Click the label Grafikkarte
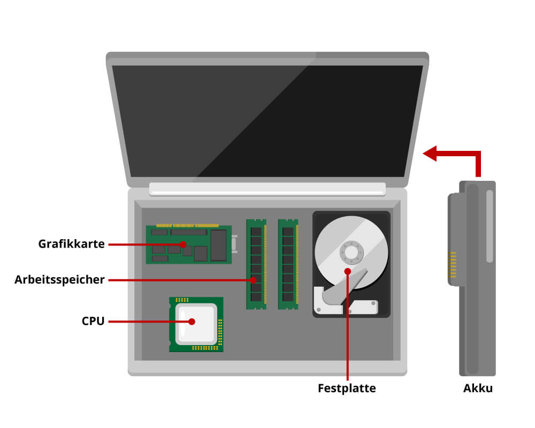coord(71,244)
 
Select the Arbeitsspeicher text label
coord(59,279)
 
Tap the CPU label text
coord(93,322)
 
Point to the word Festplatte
coord(347,388)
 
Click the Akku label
coord(478,388)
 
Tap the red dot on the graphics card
coord(184,244)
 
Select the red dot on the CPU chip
coord(192,322)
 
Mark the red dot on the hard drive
coord(348,271)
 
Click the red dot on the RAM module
coord(254,279)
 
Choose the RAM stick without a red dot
coord(288,264)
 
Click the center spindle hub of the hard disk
coord(351,252)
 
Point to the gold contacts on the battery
coord(453,265)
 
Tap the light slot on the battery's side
coord(490,226)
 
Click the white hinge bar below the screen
coord(267,188)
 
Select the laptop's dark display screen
coord(267,121)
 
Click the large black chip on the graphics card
coord(218,246)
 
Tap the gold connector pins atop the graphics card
coord(187,226)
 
